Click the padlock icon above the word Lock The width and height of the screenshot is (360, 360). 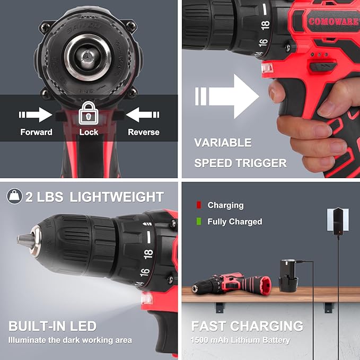89,114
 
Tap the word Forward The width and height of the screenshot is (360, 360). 36,132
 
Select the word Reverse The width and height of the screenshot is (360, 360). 144,132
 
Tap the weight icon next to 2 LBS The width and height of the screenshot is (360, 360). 14,197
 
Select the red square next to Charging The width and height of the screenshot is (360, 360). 199,205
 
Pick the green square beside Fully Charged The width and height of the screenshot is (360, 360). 199,222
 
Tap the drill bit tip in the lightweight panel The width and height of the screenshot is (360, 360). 21,240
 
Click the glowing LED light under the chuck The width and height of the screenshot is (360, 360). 147,300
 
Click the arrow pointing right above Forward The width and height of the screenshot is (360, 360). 36,114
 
